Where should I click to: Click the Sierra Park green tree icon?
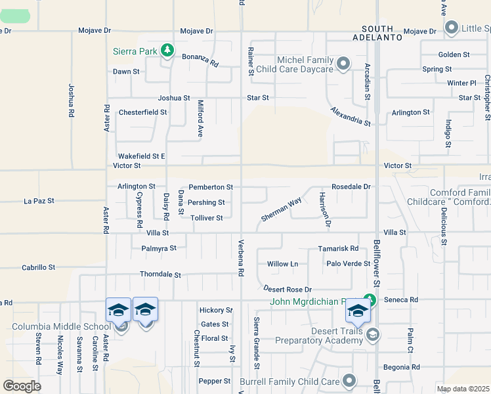[x=167, y=50]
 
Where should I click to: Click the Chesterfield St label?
[x=142, y=112]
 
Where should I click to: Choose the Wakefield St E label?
[x=140, y=156]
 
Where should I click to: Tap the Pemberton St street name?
[x=211, y=187]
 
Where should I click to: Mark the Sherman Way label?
[x=281, y=209]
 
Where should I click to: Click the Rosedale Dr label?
[x=351, y=186]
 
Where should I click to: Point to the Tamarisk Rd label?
[x=338, y=248]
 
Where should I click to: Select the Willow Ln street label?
[x=282, y=264]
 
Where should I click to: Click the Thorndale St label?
[x=160, y=274]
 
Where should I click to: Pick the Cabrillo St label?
[x=38, y=267]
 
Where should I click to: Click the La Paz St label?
[x=39, y=201]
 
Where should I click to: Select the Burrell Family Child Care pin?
[x=349, y=380]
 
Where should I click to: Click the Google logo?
[x=22, y=386]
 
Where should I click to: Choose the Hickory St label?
[x=216, y=310]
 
